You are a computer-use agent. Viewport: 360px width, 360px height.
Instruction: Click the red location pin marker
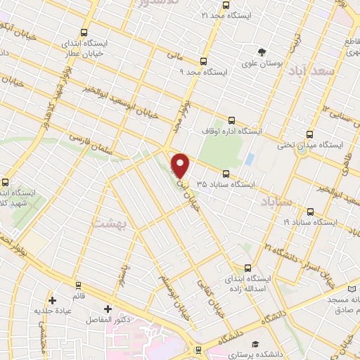tap(181, 165)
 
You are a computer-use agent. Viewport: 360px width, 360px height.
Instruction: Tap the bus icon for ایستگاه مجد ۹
tap(204, 61)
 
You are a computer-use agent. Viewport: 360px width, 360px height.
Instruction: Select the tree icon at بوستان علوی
tap(262, 52)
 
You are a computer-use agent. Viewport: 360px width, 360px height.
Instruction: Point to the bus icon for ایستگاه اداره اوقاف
tap(232, 120)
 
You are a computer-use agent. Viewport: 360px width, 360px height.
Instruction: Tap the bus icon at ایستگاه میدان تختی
tap(310, 134)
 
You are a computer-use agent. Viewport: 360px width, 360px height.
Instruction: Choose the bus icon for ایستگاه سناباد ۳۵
tap(226, 174)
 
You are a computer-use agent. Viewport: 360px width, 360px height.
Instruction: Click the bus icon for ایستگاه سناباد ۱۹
tap(310, 210)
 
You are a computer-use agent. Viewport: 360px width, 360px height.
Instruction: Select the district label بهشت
tap(108, 224)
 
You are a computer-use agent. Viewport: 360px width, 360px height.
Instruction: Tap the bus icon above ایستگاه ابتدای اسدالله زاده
tap(247, 267)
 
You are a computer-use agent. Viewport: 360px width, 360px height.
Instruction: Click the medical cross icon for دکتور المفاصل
tap(108, 309)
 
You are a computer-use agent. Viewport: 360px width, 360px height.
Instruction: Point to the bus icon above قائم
tap(77, 285)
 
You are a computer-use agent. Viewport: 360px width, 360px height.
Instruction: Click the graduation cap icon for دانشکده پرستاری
tap(252, 344)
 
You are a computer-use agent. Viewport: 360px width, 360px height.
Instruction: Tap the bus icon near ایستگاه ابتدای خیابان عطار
tap(84, 32)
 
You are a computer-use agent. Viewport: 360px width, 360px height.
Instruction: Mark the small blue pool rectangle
tap(250, 159)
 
